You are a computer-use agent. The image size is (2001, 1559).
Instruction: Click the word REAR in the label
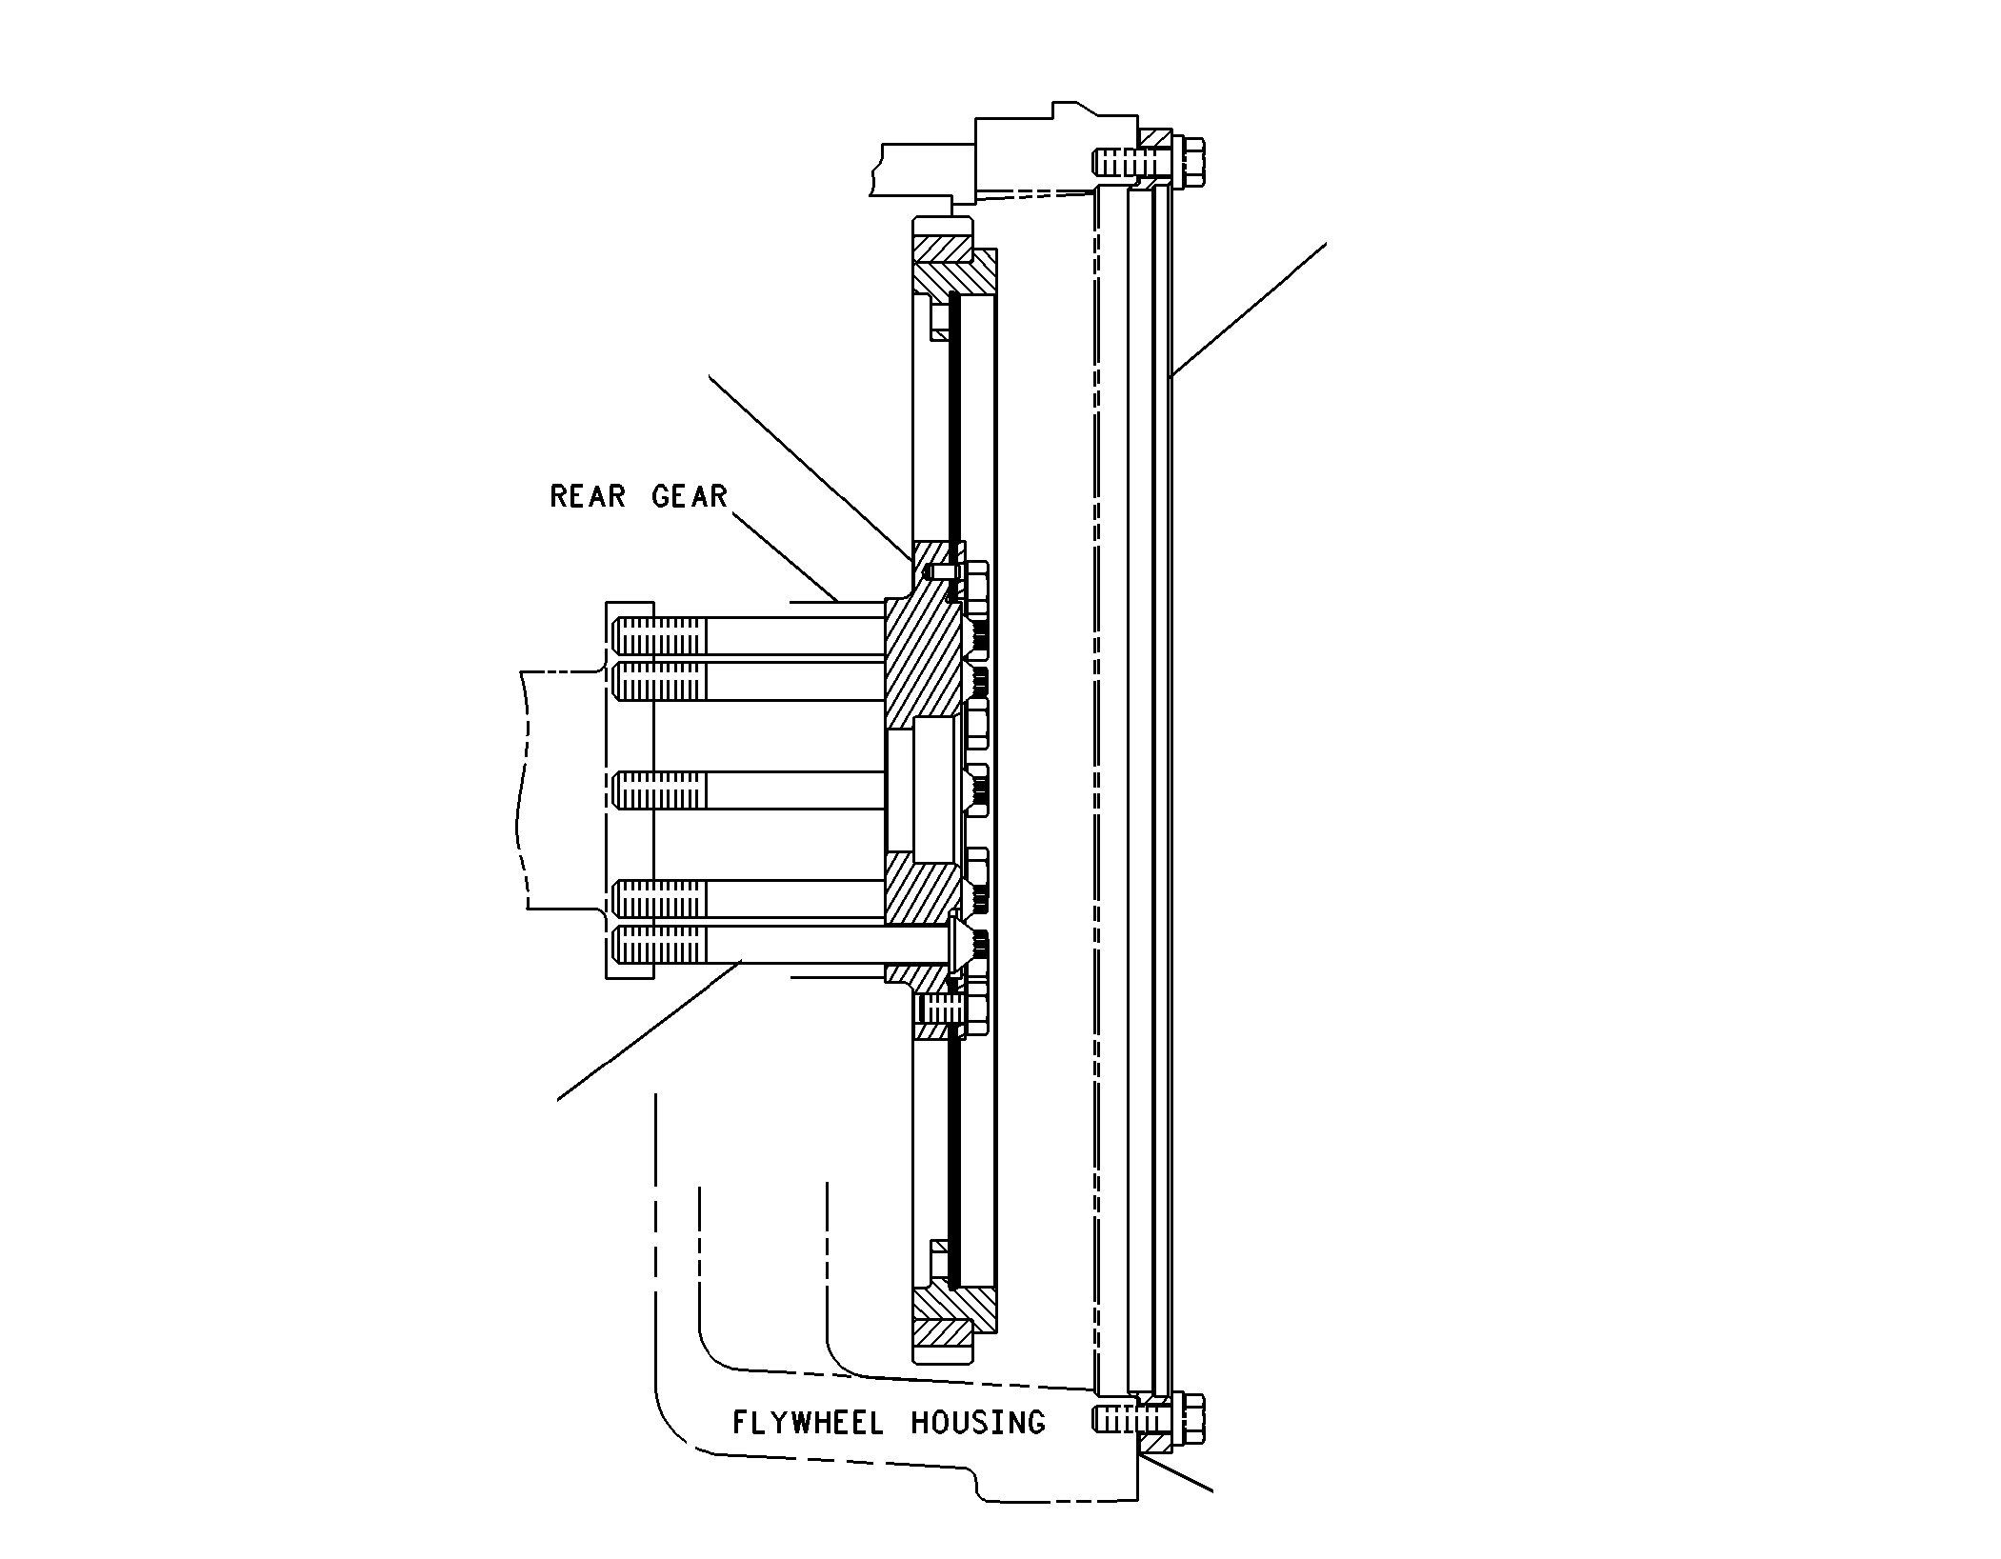pos(588,496)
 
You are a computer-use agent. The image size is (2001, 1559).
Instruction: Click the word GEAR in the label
pos(690,496)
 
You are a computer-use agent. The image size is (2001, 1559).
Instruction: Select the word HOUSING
pos(978,1423)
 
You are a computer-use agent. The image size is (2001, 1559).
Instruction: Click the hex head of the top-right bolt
pos(1191,161)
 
